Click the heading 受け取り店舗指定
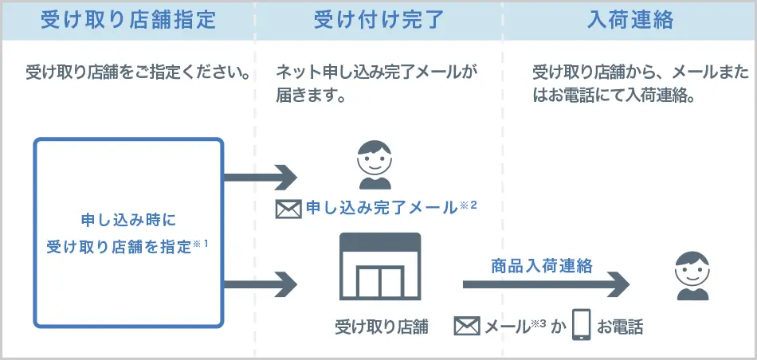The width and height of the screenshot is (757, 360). pyautogui.click(x=127, y=20)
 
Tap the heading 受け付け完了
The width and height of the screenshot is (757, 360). pyautogui.click(x=378, y=20)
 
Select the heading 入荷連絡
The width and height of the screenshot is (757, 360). pyautogui.click(x=630, y=20)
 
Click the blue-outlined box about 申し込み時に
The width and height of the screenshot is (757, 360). pyautogui.click(x=127, y=233)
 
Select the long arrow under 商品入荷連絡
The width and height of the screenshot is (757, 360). pyautogui.click(x=546, y=284)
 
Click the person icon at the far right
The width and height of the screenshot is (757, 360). pyautogui.click(x=692, y=276)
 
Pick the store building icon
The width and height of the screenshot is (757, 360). pyautogui.click(x=380, y=268)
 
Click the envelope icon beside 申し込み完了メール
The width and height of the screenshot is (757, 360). pyautogui.click(x=287, y=209)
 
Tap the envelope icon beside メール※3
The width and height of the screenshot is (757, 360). pyautogui.click(x=467, y=326)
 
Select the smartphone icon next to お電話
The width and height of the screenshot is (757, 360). pyautogui.click(x=582, y=325)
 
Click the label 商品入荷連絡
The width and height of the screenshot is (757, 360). pyautogui.click(x=542, y=266)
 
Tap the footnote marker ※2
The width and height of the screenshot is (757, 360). pyautogui.click(x=468, y=205)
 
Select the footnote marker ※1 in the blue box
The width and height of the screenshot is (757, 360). pyautogui.click(x=200, y=244)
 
